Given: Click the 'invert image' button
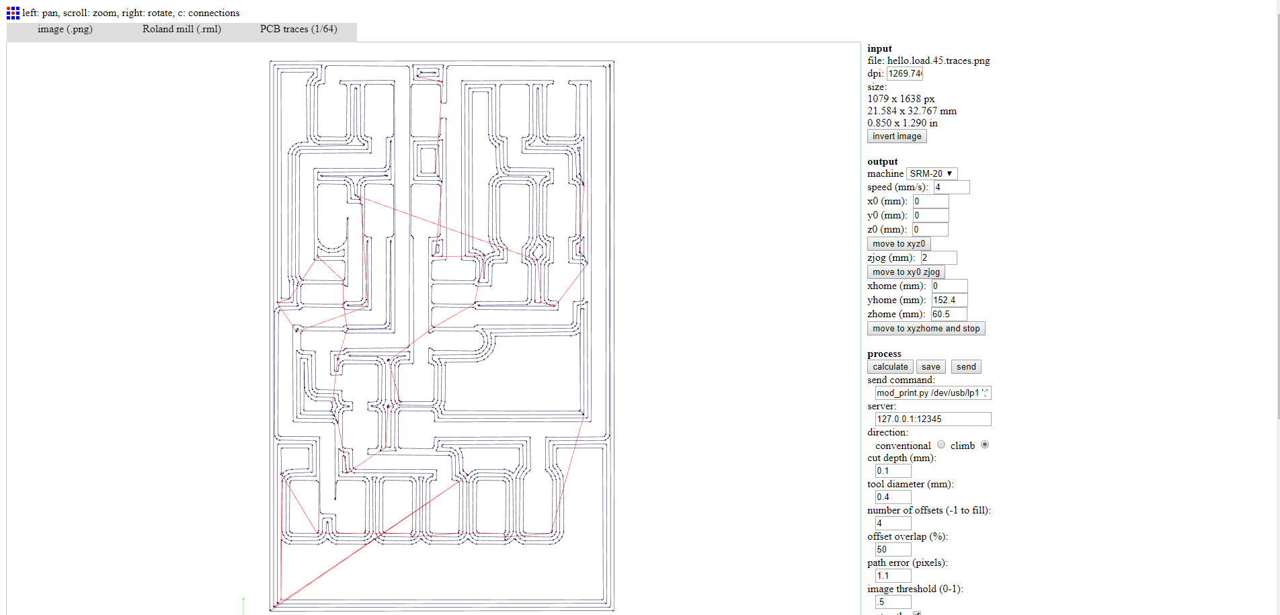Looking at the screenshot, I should coord(896,136).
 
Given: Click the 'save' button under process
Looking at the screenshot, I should coord(930,367).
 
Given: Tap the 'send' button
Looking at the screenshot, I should coord(965,367).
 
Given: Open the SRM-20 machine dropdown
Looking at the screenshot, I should coord(931,173).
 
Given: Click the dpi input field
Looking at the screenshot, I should coord(904,74).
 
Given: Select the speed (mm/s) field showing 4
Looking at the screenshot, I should coord(951,188).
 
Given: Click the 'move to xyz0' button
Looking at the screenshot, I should coord(898,244).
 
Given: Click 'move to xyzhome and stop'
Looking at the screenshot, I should coord(926,329).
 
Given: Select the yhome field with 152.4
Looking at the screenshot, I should coord(949,300).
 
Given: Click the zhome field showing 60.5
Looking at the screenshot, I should coord(948,315).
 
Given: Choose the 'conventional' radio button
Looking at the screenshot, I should coord(941,445).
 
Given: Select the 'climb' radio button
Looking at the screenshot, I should coord(985,445).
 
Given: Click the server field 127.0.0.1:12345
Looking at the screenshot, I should coord(932,419).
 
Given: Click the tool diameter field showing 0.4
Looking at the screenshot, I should coord(893,497).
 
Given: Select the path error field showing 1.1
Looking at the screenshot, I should coord(893,576).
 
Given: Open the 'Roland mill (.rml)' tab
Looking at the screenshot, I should coord(182,30).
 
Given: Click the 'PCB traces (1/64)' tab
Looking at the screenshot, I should coord(298,30).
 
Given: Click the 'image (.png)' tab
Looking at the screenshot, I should coord(65,30).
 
